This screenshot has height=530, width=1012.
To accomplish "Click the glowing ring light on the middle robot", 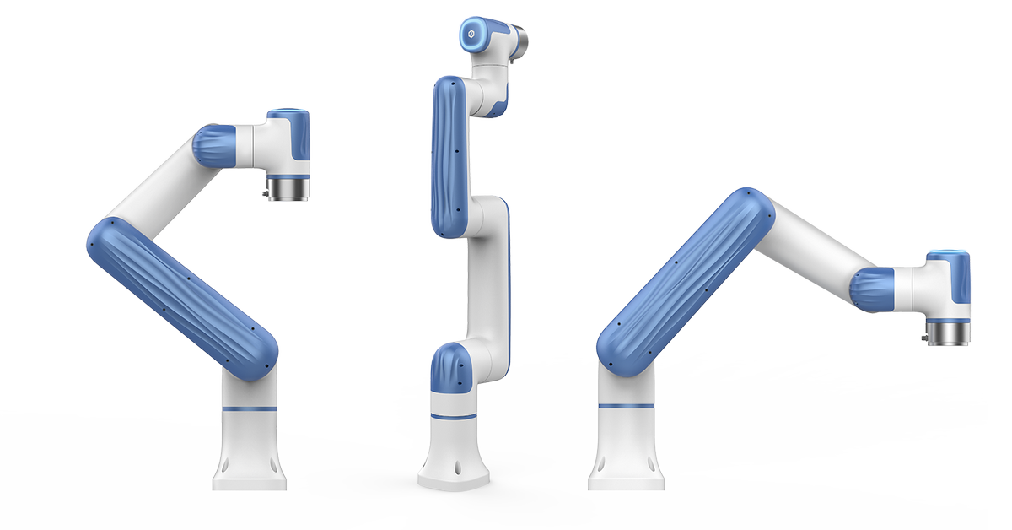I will [471, 35].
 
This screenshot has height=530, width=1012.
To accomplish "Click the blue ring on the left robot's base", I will [250, 408].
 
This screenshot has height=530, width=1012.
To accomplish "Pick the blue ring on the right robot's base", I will [625, 407].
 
